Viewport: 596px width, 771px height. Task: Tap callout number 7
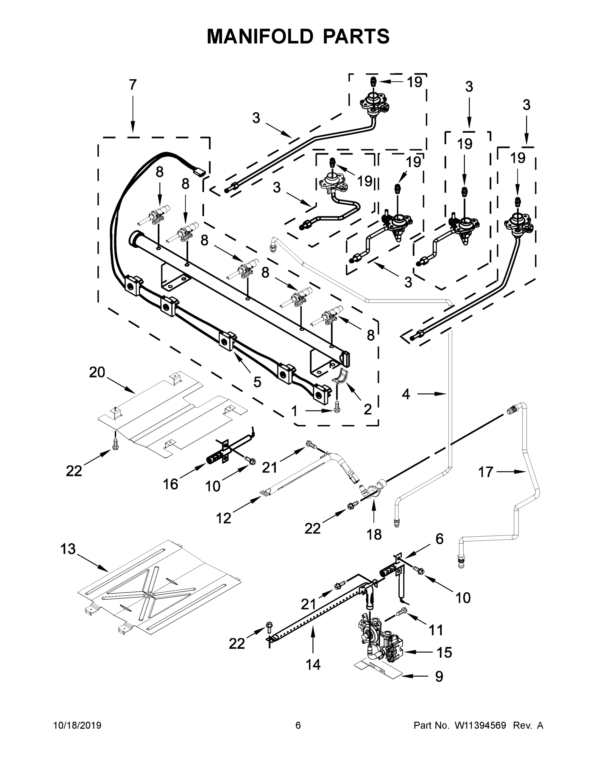132,85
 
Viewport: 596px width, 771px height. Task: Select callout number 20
97,372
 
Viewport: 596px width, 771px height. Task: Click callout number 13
68,549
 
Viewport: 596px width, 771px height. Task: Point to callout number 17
485,472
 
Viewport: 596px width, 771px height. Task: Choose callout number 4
406,394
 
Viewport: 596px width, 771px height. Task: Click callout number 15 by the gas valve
444,653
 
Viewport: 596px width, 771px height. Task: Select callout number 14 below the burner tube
313,665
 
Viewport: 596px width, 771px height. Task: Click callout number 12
223,518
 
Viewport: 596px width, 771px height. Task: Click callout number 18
374,535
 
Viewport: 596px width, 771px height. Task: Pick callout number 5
257,382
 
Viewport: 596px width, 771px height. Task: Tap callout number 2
368,410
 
